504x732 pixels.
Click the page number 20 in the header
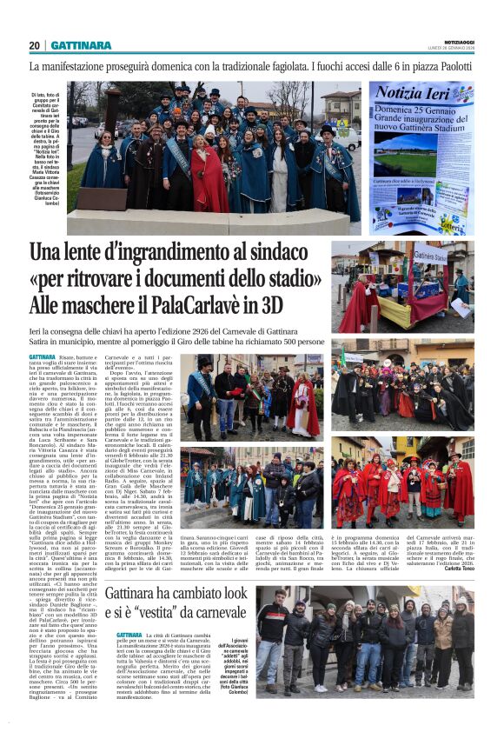pos(35,45)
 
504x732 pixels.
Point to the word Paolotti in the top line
pos(459,66)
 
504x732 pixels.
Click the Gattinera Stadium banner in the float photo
pos(434,256)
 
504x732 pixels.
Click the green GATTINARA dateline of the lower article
pos(129,636)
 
